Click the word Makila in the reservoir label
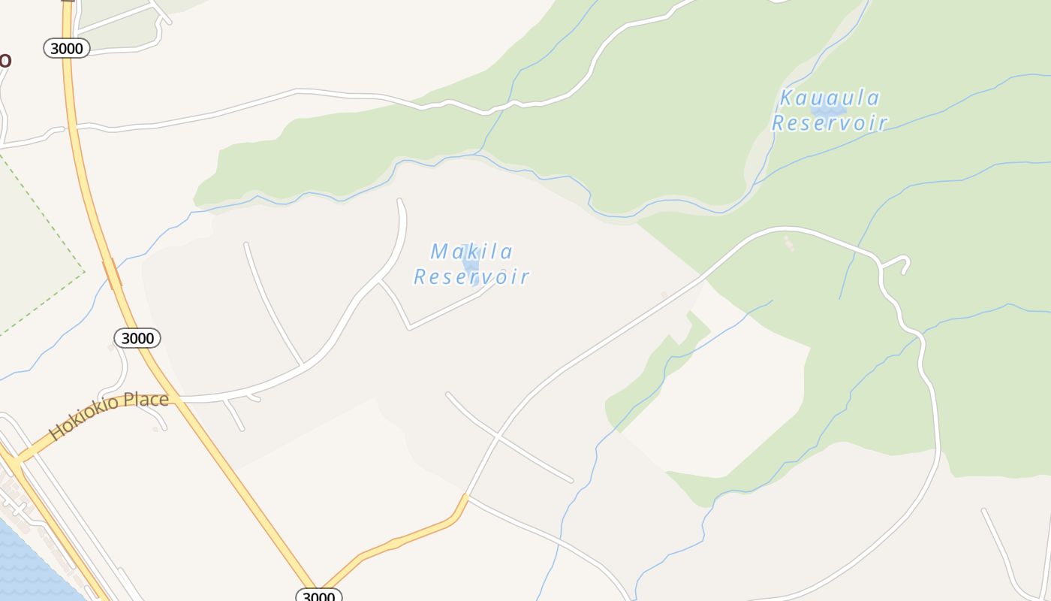471,251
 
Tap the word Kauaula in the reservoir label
829,98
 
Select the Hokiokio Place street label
108,415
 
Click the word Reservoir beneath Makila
471,276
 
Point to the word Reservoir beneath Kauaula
830,123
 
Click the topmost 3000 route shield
67,48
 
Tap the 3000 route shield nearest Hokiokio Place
137,338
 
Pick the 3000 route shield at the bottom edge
319,596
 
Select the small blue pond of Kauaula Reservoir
829,110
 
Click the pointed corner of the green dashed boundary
84,272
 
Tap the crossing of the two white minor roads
498,435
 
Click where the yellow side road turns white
466,496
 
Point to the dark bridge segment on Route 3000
112,274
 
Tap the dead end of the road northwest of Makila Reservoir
400,201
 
